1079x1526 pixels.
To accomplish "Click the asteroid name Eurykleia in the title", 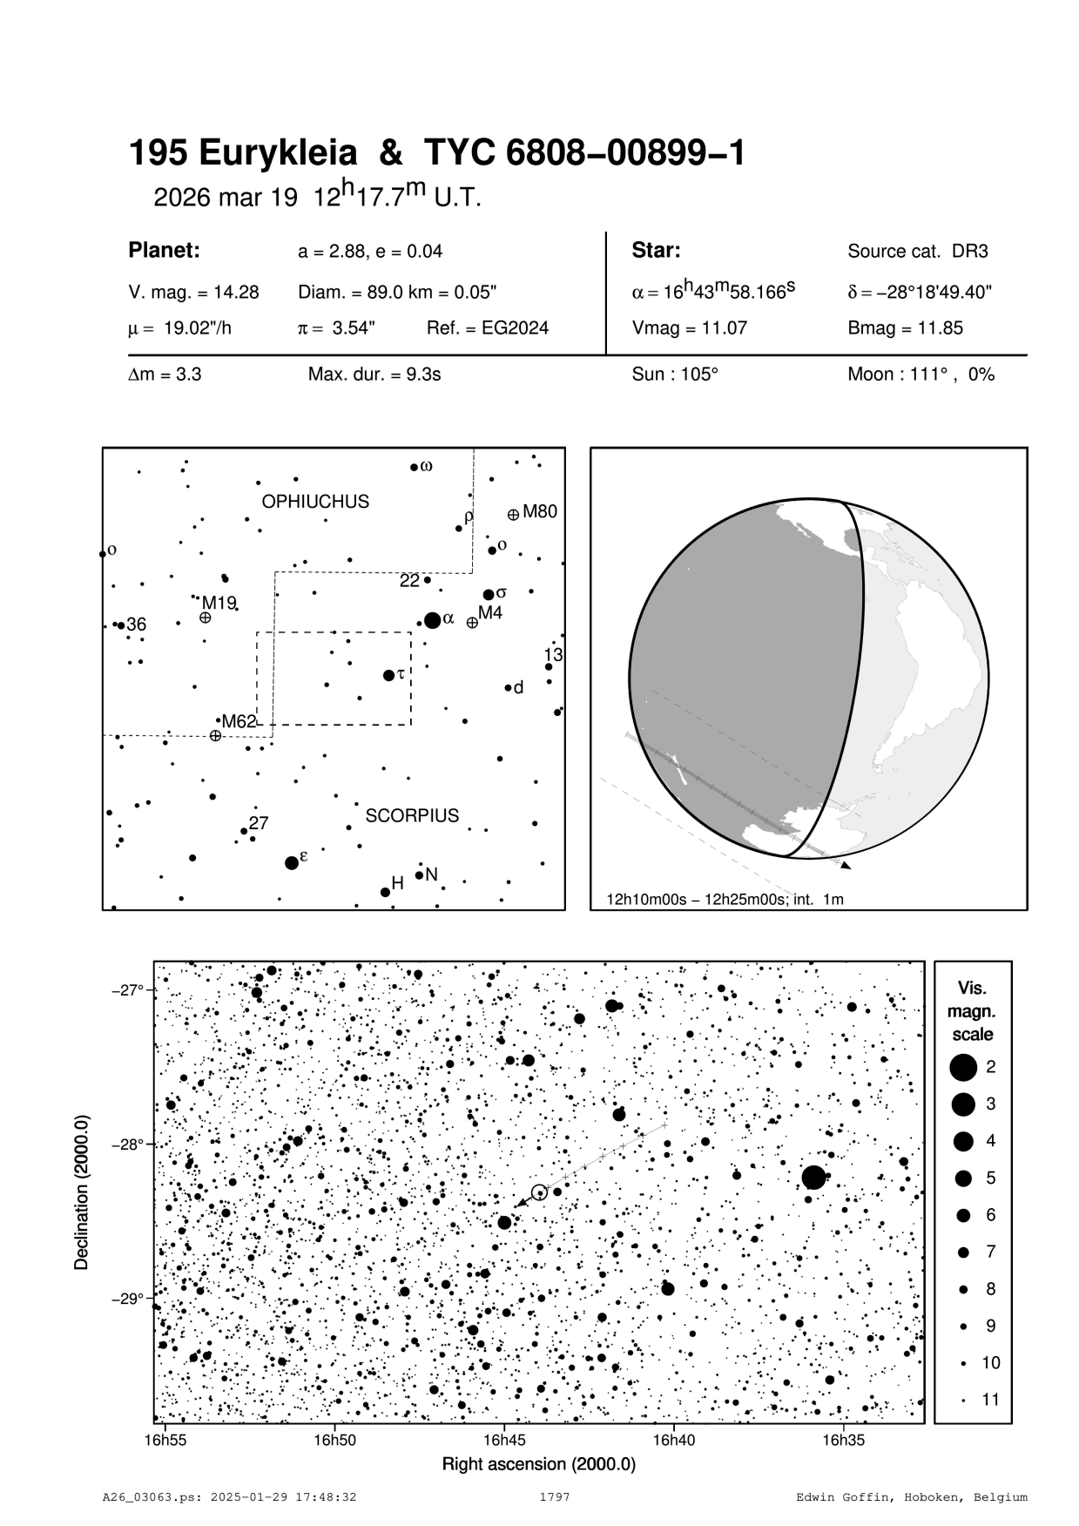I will [278, 154].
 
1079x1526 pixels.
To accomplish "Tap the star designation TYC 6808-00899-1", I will [584, 154].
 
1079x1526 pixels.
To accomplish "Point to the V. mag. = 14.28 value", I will [193, 293].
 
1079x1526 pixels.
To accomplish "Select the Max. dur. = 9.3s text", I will [374, 375].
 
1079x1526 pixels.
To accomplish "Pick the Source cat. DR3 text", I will [918, 252].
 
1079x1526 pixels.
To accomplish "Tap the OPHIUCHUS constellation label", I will [315, 502].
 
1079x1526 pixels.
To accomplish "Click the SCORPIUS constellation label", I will [412, 816].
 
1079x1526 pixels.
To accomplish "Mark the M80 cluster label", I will [539, 512].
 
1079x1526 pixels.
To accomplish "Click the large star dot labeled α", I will [432, 620].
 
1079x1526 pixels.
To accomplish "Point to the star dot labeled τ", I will [388, 675].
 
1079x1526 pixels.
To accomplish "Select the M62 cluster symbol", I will [215, 736].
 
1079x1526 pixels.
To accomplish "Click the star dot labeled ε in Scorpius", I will [292, 863].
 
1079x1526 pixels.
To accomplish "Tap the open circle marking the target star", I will [539, 1192].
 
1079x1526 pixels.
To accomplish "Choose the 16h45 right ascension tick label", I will [504, 1440].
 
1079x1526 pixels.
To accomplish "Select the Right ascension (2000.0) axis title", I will [539, 1464].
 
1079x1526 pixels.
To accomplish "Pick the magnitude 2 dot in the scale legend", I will [963, 1066].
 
